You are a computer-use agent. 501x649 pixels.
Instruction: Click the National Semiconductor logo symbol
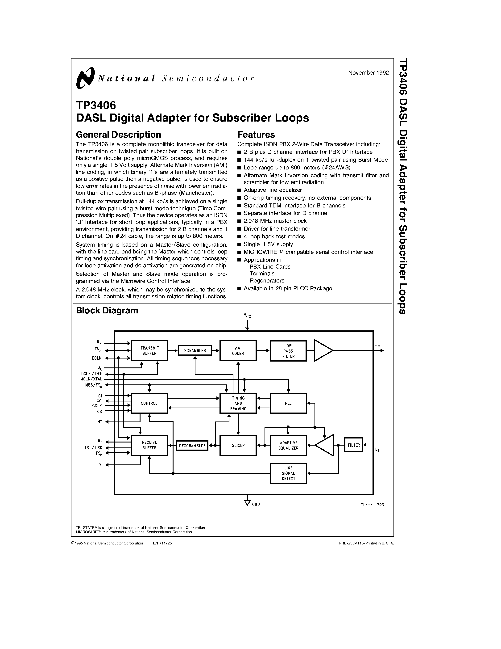tap(85, 78)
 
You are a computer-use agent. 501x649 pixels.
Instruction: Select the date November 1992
tap(368, 73)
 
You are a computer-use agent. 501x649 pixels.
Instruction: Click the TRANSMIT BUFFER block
tap(149, 351)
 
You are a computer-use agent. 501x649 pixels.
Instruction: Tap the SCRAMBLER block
tap(195, 351)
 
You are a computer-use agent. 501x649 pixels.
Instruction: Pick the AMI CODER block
tap(238, 351)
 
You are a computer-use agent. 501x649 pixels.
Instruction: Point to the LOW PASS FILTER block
tap(288, 351)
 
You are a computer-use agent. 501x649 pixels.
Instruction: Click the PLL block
tap(288, 403)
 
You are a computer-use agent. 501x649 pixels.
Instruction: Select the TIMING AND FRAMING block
tap(238, 403)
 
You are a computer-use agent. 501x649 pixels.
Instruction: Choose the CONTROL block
tap(149, 403)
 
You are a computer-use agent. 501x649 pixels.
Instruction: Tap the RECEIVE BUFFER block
tap(149, 445)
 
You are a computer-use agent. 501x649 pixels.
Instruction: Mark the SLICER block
tap(238, 445)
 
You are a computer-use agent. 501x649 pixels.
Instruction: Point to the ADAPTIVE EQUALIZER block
tap(288, 445)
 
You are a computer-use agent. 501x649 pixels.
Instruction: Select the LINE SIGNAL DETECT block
tap(288, 473)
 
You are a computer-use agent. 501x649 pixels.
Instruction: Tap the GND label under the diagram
tap(256, 504)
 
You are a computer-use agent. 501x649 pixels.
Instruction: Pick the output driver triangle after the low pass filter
tap(323, 351)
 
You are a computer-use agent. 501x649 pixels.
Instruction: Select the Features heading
tap(256, 135)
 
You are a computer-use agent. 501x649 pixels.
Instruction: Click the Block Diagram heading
tap(107, 311)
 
